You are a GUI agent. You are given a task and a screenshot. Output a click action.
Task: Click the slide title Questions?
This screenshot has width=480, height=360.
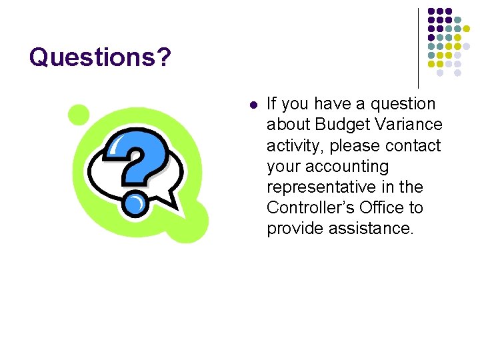point(100,58)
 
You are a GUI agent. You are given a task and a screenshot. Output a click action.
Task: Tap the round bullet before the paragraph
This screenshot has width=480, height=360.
point(252,105)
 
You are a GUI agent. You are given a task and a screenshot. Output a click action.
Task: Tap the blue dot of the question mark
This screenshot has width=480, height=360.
point(135,203)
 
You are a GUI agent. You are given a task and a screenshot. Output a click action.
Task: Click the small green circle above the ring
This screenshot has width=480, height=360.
point(79,115)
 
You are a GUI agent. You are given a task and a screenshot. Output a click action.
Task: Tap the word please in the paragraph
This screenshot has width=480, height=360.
point(354,145)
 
